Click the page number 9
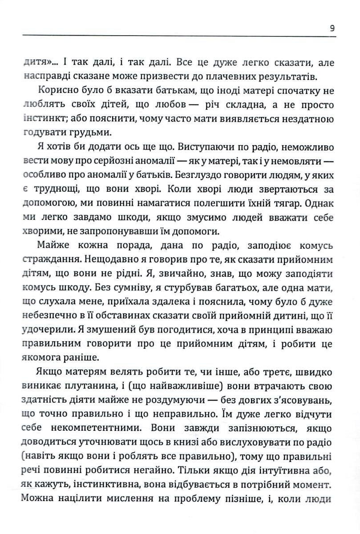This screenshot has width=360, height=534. click(x=333, y=28)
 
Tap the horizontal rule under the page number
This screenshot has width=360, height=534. click(x=178, y=36)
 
